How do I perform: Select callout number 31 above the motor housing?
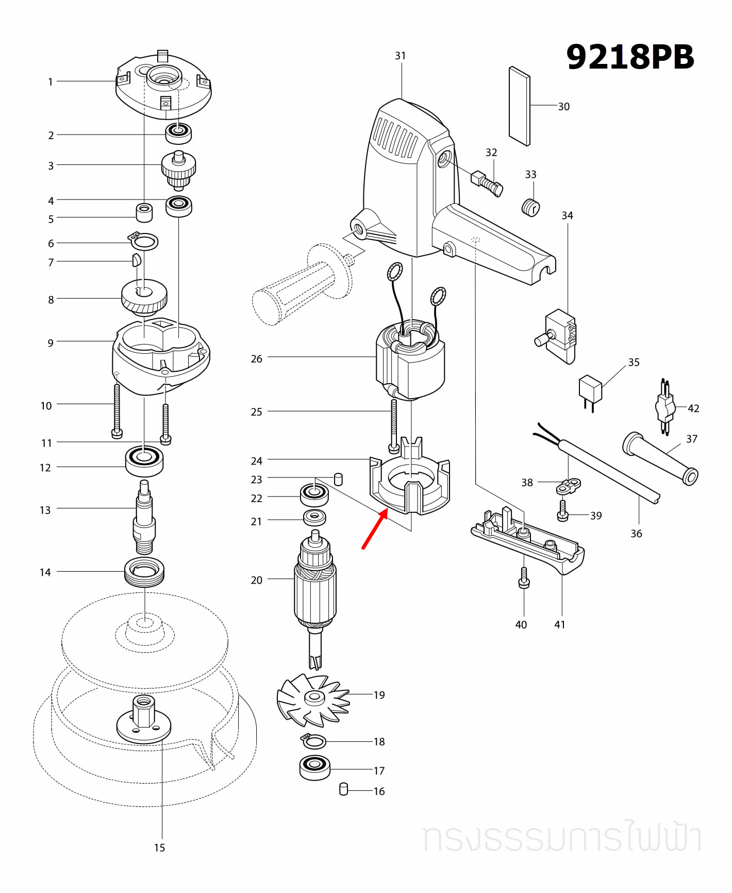(x=401, y=56)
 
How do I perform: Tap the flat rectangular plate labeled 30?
(x=519, y=106)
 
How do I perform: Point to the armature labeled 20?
(x=315, y=593)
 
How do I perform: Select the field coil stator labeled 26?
(x=410, y=363)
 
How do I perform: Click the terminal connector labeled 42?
(x=665, y=407)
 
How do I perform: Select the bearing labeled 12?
(x=144, y=460)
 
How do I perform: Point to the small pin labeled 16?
(x=344, y=789)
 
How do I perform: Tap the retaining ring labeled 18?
(x=313, y=742)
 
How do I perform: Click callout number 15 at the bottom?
(x=159, y=848)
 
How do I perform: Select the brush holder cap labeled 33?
(x=530, y=207)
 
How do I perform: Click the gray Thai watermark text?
(x=562, y=838)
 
